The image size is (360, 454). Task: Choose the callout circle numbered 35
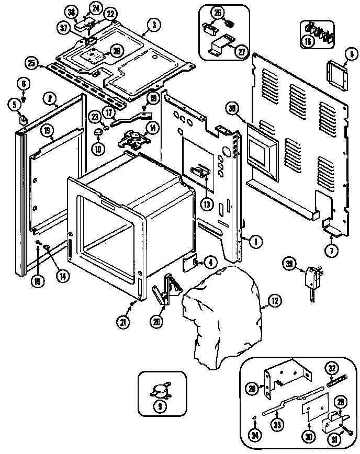pyautogui.click(x=233, y=108)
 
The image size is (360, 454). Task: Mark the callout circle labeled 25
pyautogui.click(x=32, y=63)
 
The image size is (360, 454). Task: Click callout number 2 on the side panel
pyautogui.click(x=50, y=97)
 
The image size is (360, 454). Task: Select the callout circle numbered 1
pyautogui.click(x=256, y=241)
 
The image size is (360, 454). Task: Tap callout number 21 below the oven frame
pyautogui.click(x=123, y=323)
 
